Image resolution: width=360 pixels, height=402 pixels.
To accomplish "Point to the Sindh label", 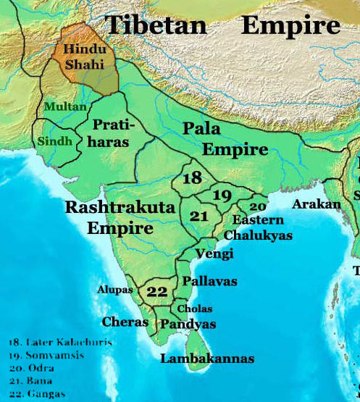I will [x=55, y=140].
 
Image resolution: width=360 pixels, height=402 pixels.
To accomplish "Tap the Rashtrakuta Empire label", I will [x=120, y=217].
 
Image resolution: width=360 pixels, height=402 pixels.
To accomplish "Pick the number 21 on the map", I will [x=198, y=216].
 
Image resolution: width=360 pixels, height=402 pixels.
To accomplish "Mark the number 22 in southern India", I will [x=156, y=292].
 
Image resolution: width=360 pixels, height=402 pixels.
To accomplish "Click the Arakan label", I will [x=316, y=205].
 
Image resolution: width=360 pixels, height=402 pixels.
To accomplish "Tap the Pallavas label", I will [x=209, y=281].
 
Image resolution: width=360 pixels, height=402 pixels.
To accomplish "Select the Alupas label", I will [x=115, y=289].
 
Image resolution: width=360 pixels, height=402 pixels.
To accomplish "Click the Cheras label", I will [x=125, y=322].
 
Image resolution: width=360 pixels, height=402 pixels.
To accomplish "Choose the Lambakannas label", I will [x=207, y=359].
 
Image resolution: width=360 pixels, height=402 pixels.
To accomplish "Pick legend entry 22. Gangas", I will [x=35, y=393].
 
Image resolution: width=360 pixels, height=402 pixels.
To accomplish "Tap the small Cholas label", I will [x=195, y=309].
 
